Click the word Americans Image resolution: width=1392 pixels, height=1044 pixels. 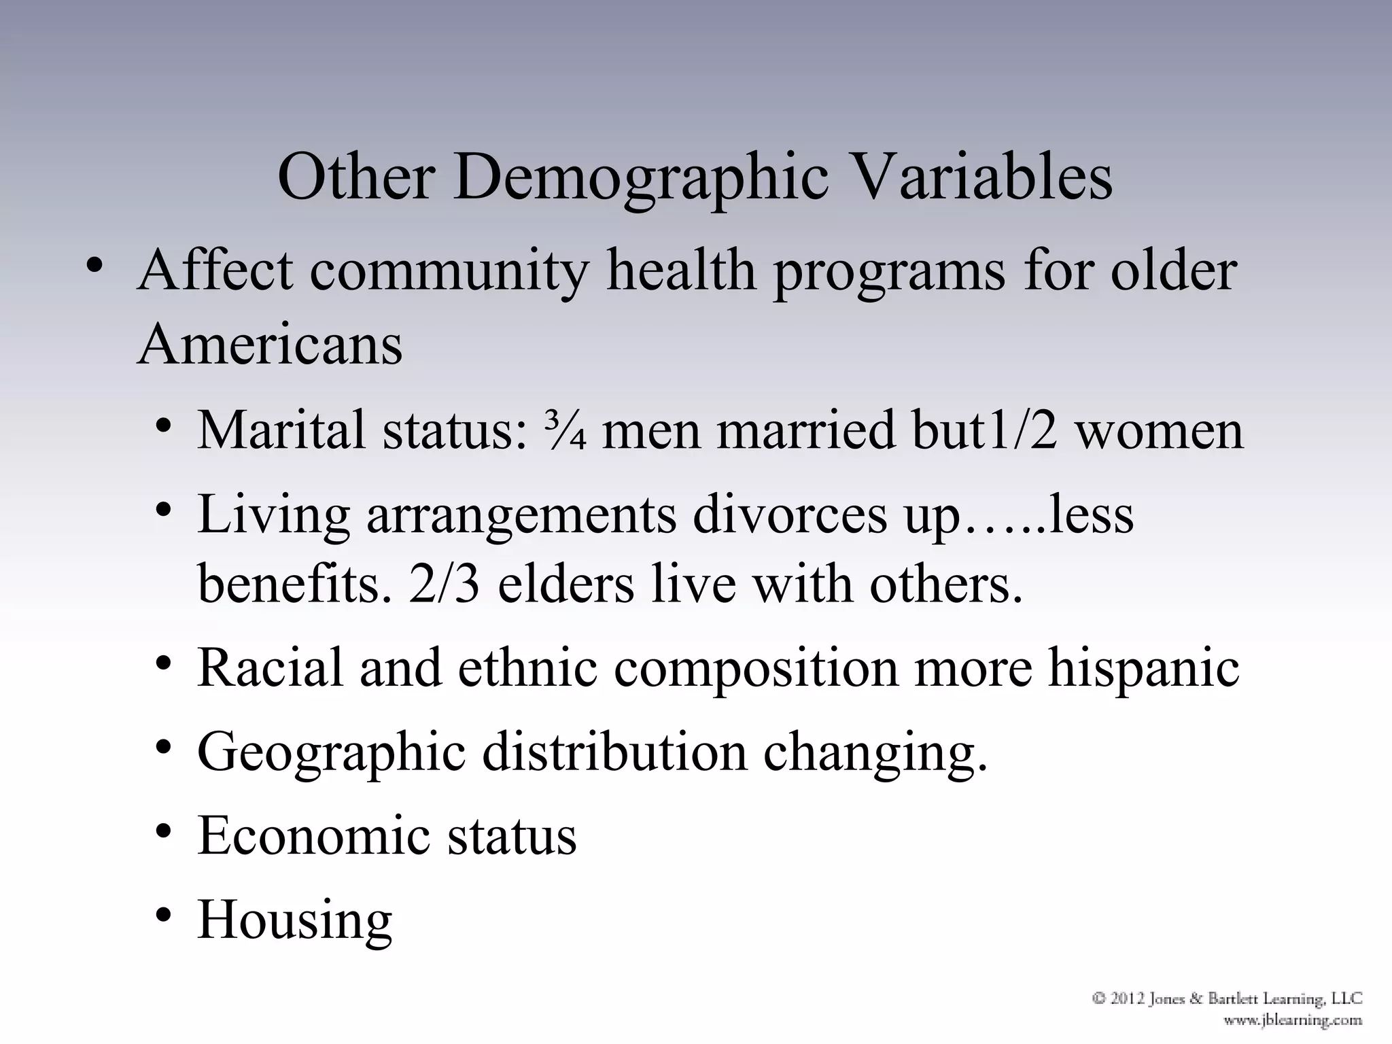coord(270,344)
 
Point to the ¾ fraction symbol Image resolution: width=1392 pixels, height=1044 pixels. coord(565,431)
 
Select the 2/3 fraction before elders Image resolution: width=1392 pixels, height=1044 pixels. coord(444,584)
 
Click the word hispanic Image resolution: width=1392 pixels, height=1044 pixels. coord(1143,667)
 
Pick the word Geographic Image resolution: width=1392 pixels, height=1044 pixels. coord(332,753)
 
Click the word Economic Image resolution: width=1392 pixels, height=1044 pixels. coord(313,835)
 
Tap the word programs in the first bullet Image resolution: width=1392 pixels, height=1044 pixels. coord(889,272)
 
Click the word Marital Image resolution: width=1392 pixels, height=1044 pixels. coord(281,431)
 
